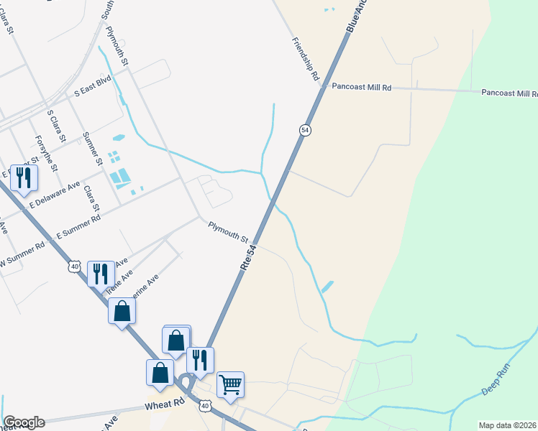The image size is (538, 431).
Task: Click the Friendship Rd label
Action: tap(306, 60)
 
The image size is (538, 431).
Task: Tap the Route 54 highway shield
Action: tap(306, 129)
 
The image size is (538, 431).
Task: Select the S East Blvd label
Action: tap(94, 94)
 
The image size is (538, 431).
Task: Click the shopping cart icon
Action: tap(230, 384)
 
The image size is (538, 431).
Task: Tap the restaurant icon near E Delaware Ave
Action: tap(24, 177)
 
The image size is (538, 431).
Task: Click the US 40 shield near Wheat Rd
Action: tap(206, 407)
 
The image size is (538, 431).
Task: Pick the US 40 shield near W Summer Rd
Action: tap(74, 267)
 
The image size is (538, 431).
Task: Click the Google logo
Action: tap(24, 422)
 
